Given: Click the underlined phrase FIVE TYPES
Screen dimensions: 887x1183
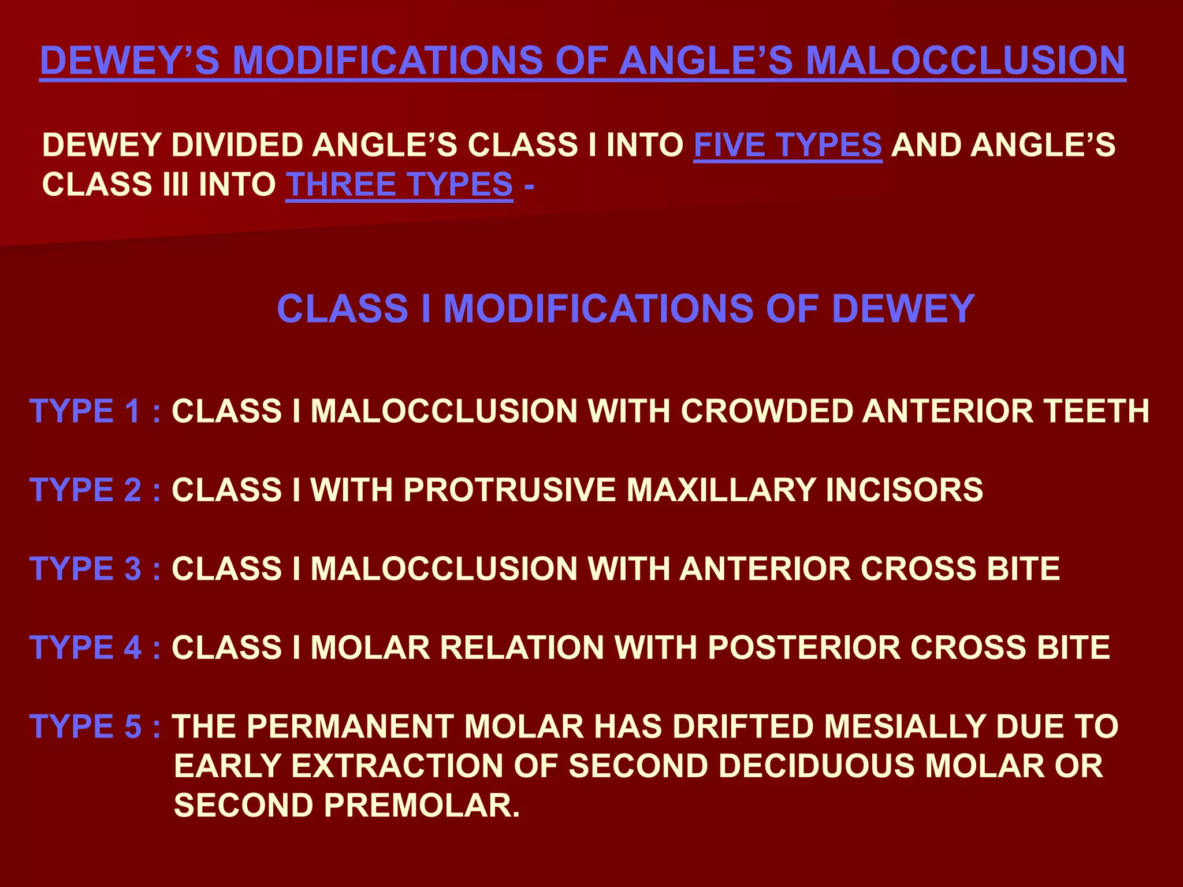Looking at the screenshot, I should point(787,145).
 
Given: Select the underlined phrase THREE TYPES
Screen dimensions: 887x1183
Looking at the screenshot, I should point(399,185).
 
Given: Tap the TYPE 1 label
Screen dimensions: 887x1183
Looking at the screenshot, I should point(85,411).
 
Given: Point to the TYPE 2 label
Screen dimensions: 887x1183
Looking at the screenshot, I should point(85,490).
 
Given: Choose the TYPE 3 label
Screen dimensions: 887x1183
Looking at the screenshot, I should point(85,569).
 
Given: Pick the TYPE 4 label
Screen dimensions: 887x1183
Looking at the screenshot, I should point(85,647).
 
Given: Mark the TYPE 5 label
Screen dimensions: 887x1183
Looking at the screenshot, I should point(85,726).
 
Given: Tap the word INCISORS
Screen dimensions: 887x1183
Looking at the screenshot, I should point(904,490).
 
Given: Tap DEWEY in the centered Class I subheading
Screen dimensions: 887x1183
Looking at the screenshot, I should point(903,308).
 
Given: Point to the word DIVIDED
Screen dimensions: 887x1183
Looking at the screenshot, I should point(237,145).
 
